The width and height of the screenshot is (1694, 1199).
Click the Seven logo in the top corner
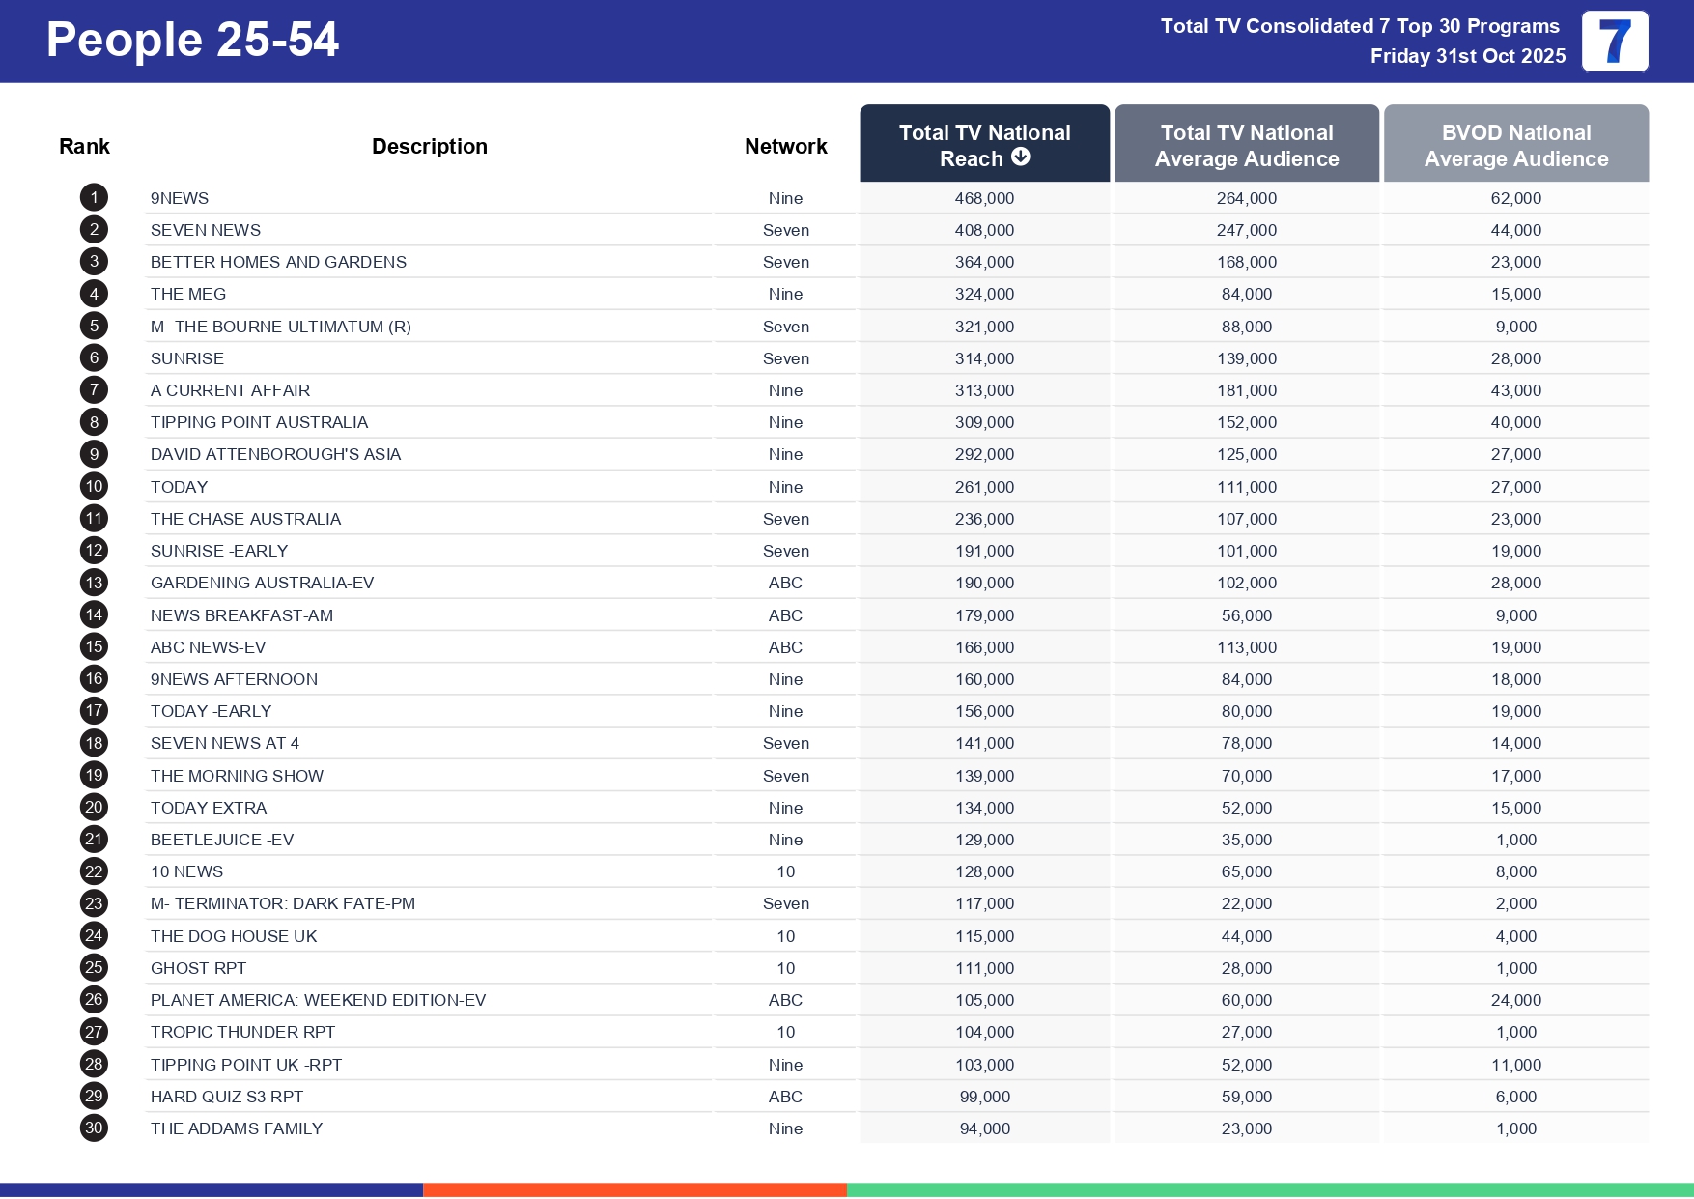coord(1614,42)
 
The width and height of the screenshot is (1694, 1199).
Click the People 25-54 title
coord(192,41)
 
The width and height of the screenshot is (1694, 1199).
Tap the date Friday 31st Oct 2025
coord(1467,56)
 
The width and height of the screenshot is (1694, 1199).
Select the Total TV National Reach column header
coord(984,144)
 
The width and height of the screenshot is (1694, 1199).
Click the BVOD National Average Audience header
coord(1515,145)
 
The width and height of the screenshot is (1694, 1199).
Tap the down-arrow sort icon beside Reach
coord(1021,157)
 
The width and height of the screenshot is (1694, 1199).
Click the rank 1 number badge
coord(94,198)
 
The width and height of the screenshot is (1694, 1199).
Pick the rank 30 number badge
coord(94,1128)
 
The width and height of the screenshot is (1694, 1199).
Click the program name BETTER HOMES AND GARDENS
coord(278,262)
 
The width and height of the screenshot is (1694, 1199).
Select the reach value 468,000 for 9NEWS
coord(984,198)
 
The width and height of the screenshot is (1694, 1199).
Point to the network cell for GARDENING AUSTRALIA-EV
coord(785,583)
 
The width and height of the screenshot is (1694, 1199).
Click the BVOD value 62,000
coord(1515,198)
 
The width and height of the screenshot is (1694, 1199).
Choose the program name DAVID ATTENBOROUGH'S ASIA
coord(275,454)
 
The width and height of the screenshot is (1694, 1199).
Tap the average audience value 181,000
coord(1246,390)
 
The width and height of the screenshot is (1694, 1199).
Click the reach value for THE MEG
coord(984,294)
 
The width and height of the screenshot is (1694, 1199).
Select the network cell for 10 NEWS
coord(785,871)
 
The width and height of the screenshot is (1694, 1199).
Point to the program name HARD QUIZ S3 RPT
coord(227,1097)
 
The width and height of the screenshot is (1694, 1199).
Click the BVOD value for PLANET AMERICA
coord(1515,1000)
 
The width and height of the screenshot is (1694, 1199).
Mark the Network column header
coord(785,146)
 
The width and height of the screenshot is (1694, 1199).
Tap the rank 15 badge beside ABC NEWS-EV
coord(94,647)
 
